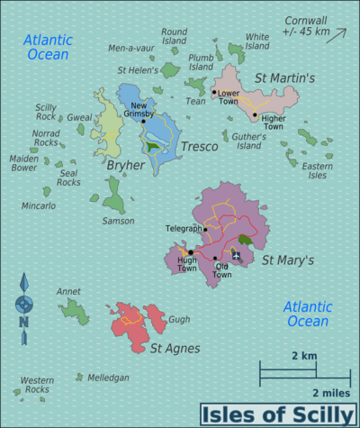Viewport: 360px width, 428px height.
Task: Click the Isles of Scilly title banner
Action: point(276,414)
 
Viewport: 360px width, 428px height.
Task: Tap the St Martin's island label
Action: point(285,78)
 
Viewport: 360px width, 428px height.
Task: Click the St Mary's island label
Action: point(287,260)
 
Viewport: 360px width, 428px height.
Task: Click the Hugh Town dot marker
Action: point(190,252)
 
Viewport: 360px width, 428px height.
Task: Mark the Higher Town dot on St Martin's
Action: point(255,114)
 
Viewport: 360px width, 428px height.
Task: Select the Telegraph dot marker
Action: point(205,229)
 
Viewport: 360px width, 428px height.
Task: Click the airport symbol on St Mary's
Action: point(237,256)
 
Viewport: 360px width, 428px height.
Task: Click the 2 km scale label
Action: point(304,356)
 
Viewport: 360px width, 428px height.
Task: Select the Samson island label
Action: point(119,221)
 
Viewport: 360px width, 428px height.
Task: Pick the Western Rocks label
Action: point(37,385)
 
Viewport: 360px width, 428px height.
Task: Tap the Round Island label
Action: point(174,35)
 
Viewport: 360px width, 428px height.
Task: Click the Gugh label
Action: point(179,319)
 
